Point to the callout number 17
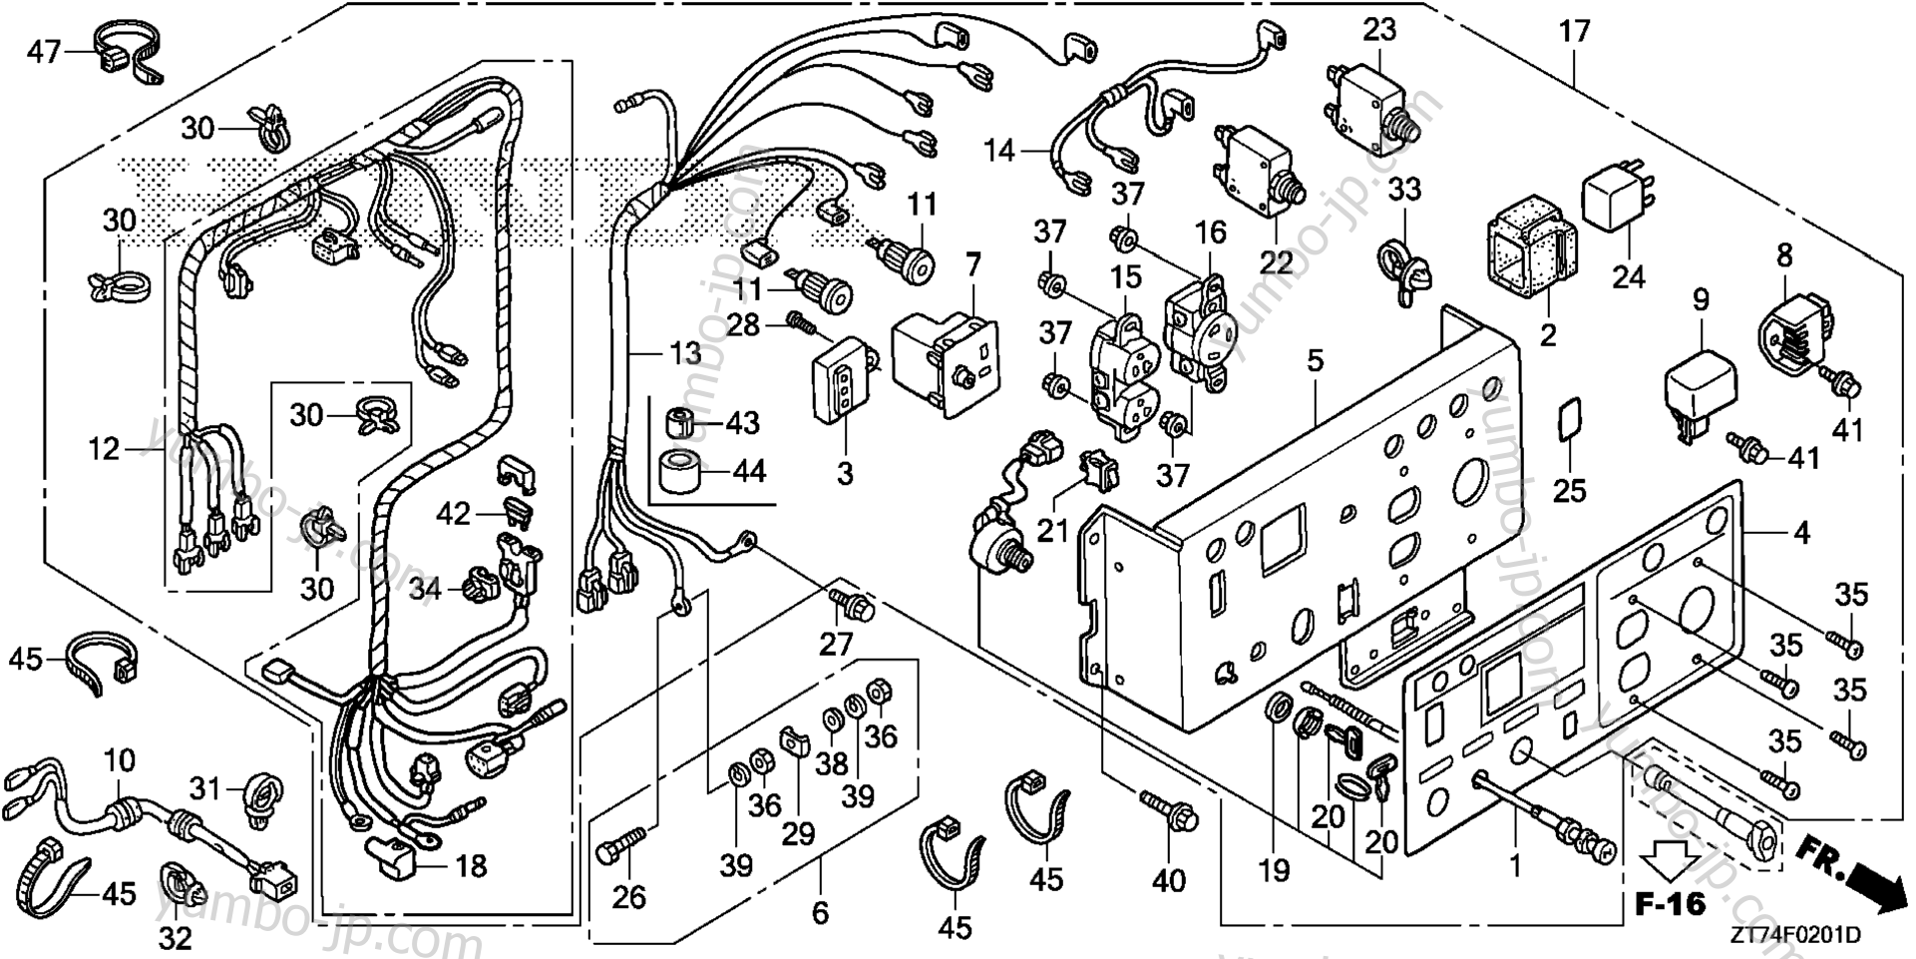click(x=1574, y=32)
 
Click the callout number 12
click(x=104, y=449)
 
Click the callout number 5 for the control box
click(x=1316, y=360)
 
